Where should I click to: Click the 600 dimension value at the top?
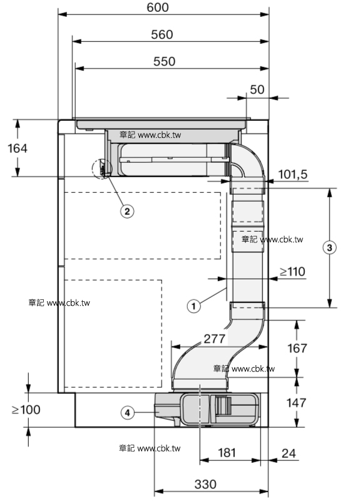coord(158,8)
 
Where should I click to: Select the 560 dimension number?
coord(162,34)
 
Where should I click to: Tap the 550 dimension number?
coord(164,61)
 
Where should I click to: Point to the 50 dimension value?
coord(257,90)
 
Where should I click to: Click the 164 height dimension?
coord(18,148)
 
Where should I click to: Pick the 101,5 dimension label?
coord(292,175)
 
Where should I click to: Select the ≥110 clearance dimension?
coord(292,272)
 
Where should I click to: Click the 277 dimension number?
coord(215,339)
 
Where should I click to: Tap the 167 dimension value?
coord(297,348)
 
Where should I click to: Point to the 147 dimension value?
coord(296,403)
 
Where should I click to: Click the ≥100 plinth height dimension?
coord(26,410)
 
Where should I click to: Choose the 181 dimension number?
coord(227,452)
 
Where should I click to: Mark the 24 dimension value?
coord(289,453)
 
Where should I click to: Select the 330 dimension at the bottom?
coord(205,484)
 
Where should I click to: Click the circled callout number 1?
coord(193,306)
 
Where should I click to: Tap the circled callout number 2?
coord(127,211)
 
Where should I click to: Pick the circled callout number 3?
coord(330,247)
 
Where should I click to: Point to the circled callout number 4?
coord(128,413)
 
